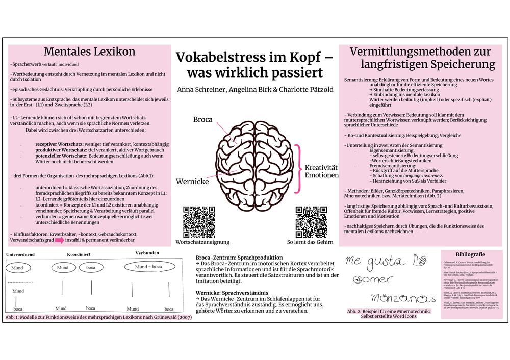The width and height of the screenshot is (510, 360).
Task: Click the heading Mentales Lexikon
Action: tap(89, 52)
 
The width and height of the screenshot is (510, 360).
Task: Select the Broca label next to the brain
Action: tap(202, 119)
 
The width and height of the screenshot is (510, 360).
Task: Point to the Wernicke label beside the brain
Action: tap(192, 181)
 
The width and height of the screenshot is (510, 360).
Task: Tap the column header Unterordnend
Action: tap(21, 254)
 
